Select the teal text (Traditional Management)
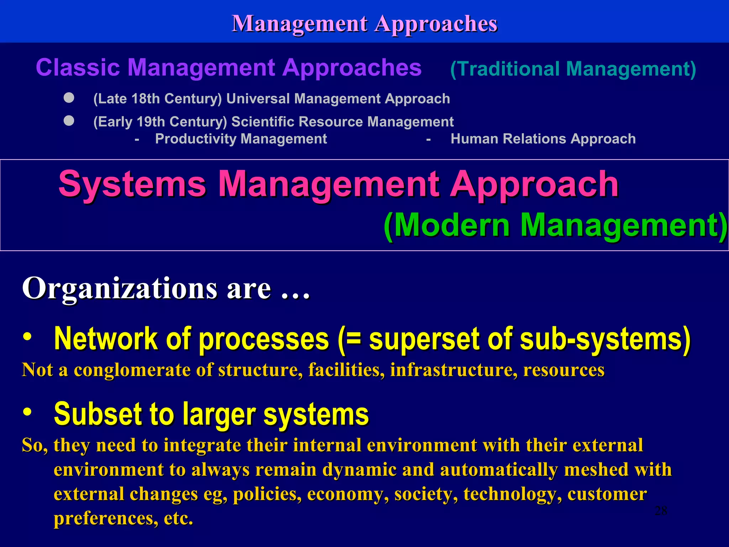click(573, 69)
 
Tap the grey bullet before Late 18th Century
click(69, 98)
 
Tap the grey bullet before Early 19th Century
click(69, 121)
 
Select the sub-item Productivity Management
click(241, 139)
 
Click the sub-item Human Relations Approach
click(543, 139)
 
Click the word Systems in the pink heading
click(132, 184)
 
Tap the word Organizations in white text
click(120, 288)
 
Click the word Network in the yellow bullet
click(106, 339)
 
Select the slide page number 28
click(661, 511)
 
